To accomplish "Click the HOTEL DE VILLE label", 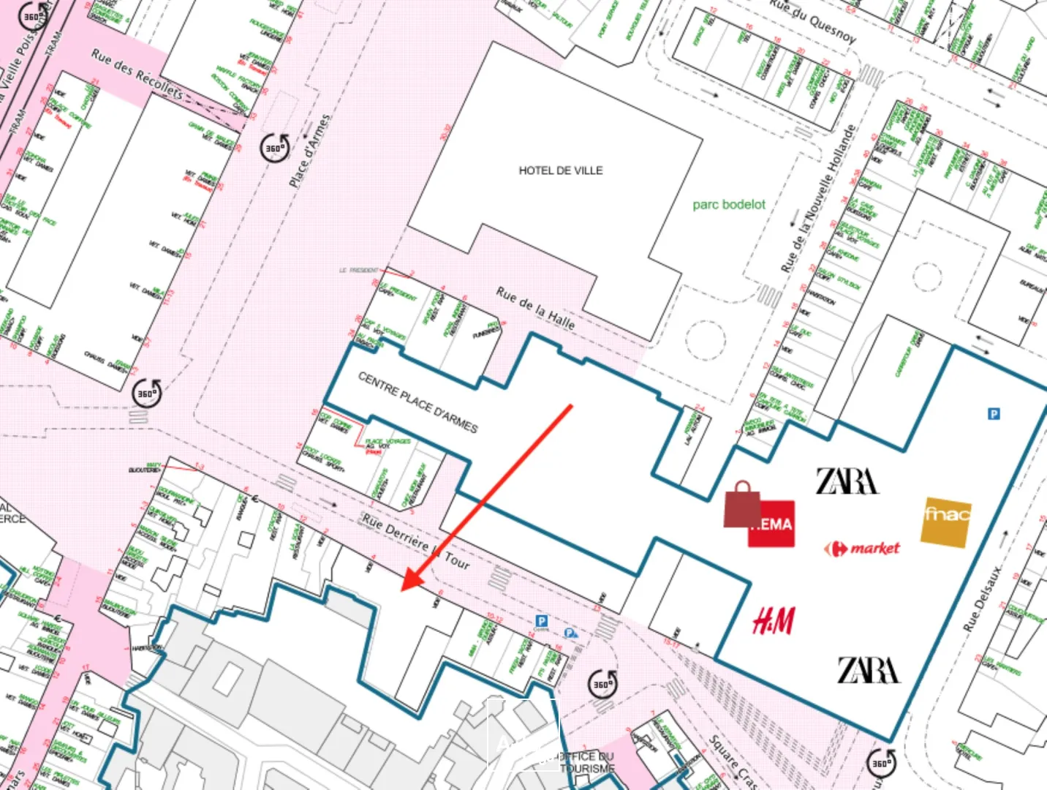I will [x=561, y=170].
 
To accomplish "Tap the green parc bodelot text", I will [x=729, y=205].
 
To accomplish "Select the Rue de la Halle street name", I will [x=535, y=307].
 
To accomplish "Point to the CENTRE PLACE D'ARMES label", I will [x=417, y=402].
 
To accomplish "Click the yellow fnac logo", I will [x=946, y=521].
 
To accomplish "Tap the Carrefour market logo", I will [x=862, y=549].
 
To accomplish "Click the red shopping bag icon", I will [x=742, y=505].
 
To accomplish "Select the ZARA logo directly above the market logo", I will [x=847, y=481].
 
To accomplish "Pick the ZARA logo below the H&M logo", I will [x=868, y=670].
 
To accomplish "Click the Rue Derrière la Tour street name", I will [x=415, y=541].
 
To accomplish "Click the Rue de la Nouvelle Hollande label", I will [x=817, y=199].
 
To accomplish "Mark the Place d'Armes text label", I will [x=309, y=151].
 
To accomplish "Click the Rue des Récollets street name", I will [x=137, y=74].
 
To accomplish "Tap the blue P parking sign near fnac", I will [x=994, y=414].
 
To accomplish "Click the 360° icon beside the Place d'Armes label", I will [x=275, y=148].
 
